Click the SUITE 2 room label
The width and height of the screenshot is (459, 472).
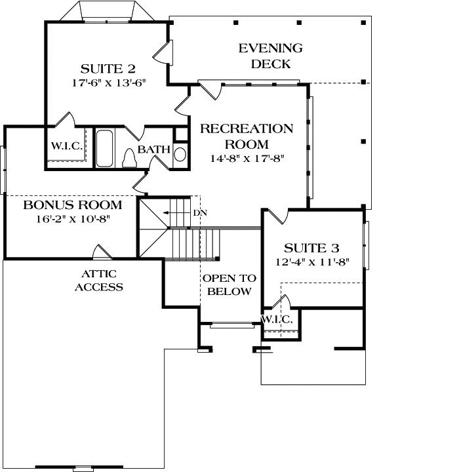(x=108, y=69)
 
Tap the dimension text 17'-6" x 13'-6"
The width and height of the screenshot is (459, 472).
(x=108, y=83)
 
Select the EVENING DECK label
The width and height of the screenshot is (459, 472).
(x=270, y=56)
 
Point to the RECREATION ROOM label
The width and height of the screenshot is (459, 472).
(x=247, y=136)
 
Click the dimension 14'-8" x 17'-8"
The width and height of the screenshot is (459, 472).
(x=247, y=158)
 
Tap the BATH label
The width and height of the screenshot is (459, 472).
(x=153, y=150)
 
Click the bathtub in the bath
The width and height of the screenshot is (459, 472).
(x=104, y=149)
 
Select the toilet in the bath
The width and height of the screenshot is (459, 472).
(x=130, y=158)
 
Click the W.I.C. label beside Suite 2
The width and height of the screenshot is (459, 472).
(x=67, y=146)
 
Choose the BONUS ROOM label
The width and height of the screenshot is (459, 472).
(x=73, y=205)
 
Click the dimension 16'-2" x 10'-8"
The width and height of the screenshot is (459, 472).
(x=73, y=218)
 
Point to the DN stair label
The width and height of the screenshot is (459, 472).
(x=199, y=214)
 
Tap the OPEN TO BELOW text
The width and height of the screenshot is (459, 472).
(x=229, y=285)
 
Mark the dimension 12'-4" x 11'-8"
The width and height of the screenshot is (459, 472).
(x=312, y=262)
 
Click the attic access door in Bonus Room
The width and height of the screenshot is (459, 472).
(x=102, y=252)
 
